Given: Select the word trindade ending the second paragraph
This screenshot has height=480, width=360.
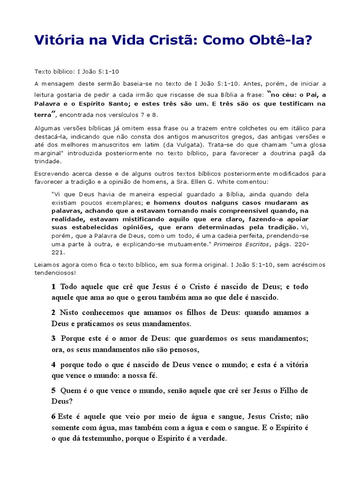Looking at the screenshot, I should coord(48,161).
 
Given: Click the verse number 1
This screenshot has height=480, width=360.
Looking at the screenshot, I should coord(53,286).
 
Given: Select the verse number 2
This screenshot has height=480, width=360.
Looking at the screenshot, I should coord(53,313).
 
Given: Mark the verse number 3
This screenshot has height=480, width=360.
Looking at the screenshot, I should coord(53,338).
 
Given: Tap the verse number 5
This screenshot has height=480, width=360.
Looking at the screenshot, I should coord(53,390).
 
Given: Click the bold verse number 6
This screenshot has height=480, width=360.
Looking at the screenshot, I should coord(53,416).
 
